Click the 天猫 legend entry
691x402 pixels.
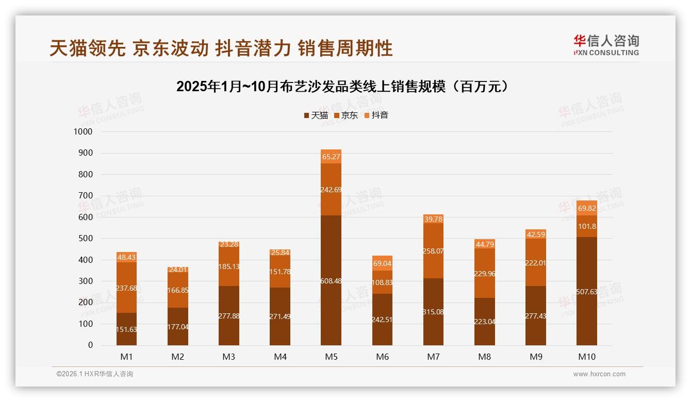[x=316, y=115]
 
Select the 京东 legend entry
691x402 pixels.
[x=346, y=115]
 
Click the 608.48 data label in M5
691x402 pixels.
[x=331, y=281]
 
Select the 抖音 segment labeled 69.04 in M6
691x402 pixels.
[x=382, y=263]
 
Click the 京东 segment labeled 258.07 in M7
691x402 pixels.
[x=433, y=251]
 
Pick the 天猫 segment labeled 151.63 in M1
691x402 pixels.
[x=126, y=329]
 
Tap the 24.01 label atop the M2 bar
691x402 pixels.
[x=178, y=269]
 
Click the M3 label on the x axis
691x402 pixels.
[x=229, y=356]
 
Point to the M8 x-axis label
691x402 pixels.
[x=485, y=356]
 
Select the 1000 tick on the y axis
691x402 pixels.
[x=83, y=132]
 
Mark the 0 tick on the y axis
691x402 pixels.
[x=90, y=345]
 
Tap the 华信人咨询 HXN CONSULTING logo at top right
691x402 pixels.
[x=606, y=45]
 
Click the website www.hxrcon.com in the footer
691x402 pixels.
[x=599, y=374]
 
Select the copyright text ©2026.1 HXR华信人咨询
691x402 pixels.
[x=95, y=374]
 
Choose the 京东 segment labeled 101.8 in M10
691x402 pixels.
[x=587, y=226]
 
